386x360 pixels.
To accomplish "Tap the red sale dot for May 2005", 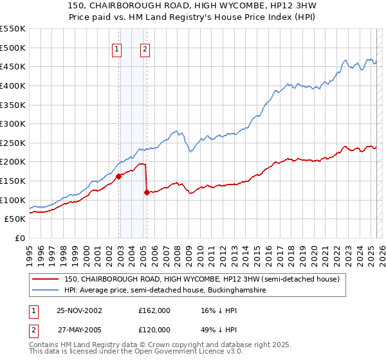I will [x=147, y=192].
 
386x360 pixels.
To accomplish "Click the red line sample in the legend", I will [x=45, y=279].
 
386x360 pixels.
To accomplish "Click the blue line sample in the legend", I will [x=45, y=291].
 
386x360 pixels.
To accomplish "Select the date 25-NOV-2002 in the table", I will [x=80, y=310].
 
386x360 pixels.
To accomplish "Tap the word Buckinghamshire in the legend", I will [x=239, y=291].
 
